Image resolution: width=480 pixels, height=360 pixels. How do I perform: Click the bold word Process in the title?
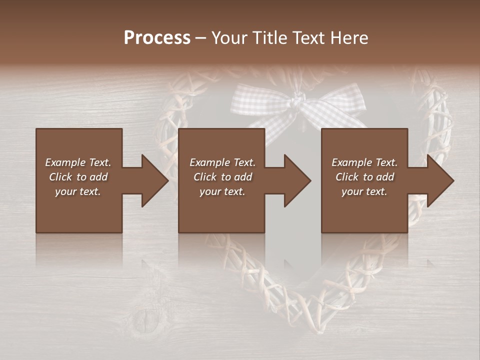[x=157, y=38]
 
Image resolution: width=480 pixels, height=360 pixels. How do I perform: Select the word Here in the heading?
[x=349, y=38]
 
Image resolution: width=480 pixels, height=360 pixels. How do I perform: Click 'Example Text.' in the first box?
[x=78, y=162]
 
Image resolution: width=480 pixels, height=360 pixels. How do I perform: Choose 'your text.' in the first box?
[x=78, y=191]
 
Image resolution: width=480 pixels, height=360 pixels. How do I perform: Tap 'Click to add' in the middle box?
[x=222, y=177]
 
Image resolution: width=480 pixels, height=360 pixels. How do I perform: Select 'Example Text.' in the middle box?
[x=222, y=162]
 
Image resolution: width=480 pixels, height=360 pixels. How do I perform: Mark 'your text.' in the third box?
[x=364, y=191]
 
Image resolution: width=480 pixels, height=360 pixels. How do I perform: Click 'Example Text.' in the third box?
[x=364, y=162]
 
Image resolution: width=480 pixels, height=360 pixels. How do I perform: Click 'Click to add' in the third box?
[x=364, y=177]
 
